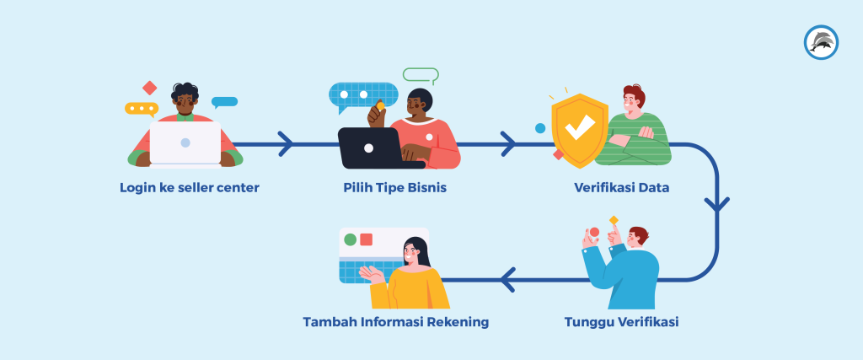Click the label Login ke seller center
tap(189, 187)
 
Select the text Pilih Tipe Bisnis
tap(394, 187)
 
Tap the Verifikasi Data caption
tap(621, 187)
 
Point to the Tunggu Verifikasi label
tap(621, 322)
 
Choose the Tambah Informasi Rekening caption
tap(395, 322)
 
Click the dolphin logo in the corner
tap(821, 42)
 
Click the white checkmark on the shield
tap(579, 128)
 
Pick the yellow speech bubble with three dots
tap(141, 109)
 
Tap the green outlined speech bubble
tap(421, 75)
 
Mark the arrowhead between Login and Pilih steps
tap(286, 144)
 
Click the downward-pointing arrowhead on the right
tap(717, 204)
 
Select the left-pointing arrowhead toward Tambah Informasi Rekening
tap(507, 279)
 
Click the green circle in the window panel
tap(351, 239)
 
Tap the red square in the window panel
tap(367, 239)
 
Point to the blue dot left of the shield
tap(540, 128)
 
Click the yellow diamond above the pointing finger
tap(614, 220)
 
